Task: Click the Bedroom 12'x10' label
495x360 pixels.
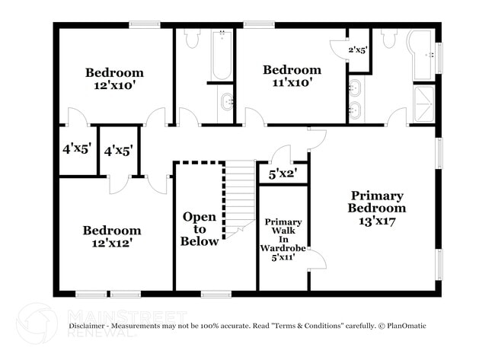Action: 114,78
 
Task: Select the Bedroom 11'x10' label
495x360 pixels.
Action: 292,75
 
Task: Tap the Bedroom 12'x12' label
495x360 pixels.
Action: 112,236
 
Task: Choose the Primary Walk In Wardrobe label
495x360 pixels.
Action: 283,240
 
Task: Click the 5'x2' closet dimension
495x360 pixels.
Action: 283,174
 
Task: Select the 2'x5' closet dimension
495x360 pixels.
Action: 358,50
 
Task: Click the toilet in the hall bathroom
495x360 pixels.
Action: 190,38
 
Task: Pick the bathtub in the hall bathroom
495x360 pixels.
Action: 222,55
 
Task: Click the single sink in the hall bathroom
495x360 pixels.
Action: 225,99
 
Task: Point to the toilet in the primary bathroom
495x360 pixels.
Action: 389,39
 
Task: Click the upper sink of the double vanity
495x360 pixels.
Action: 355,87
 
